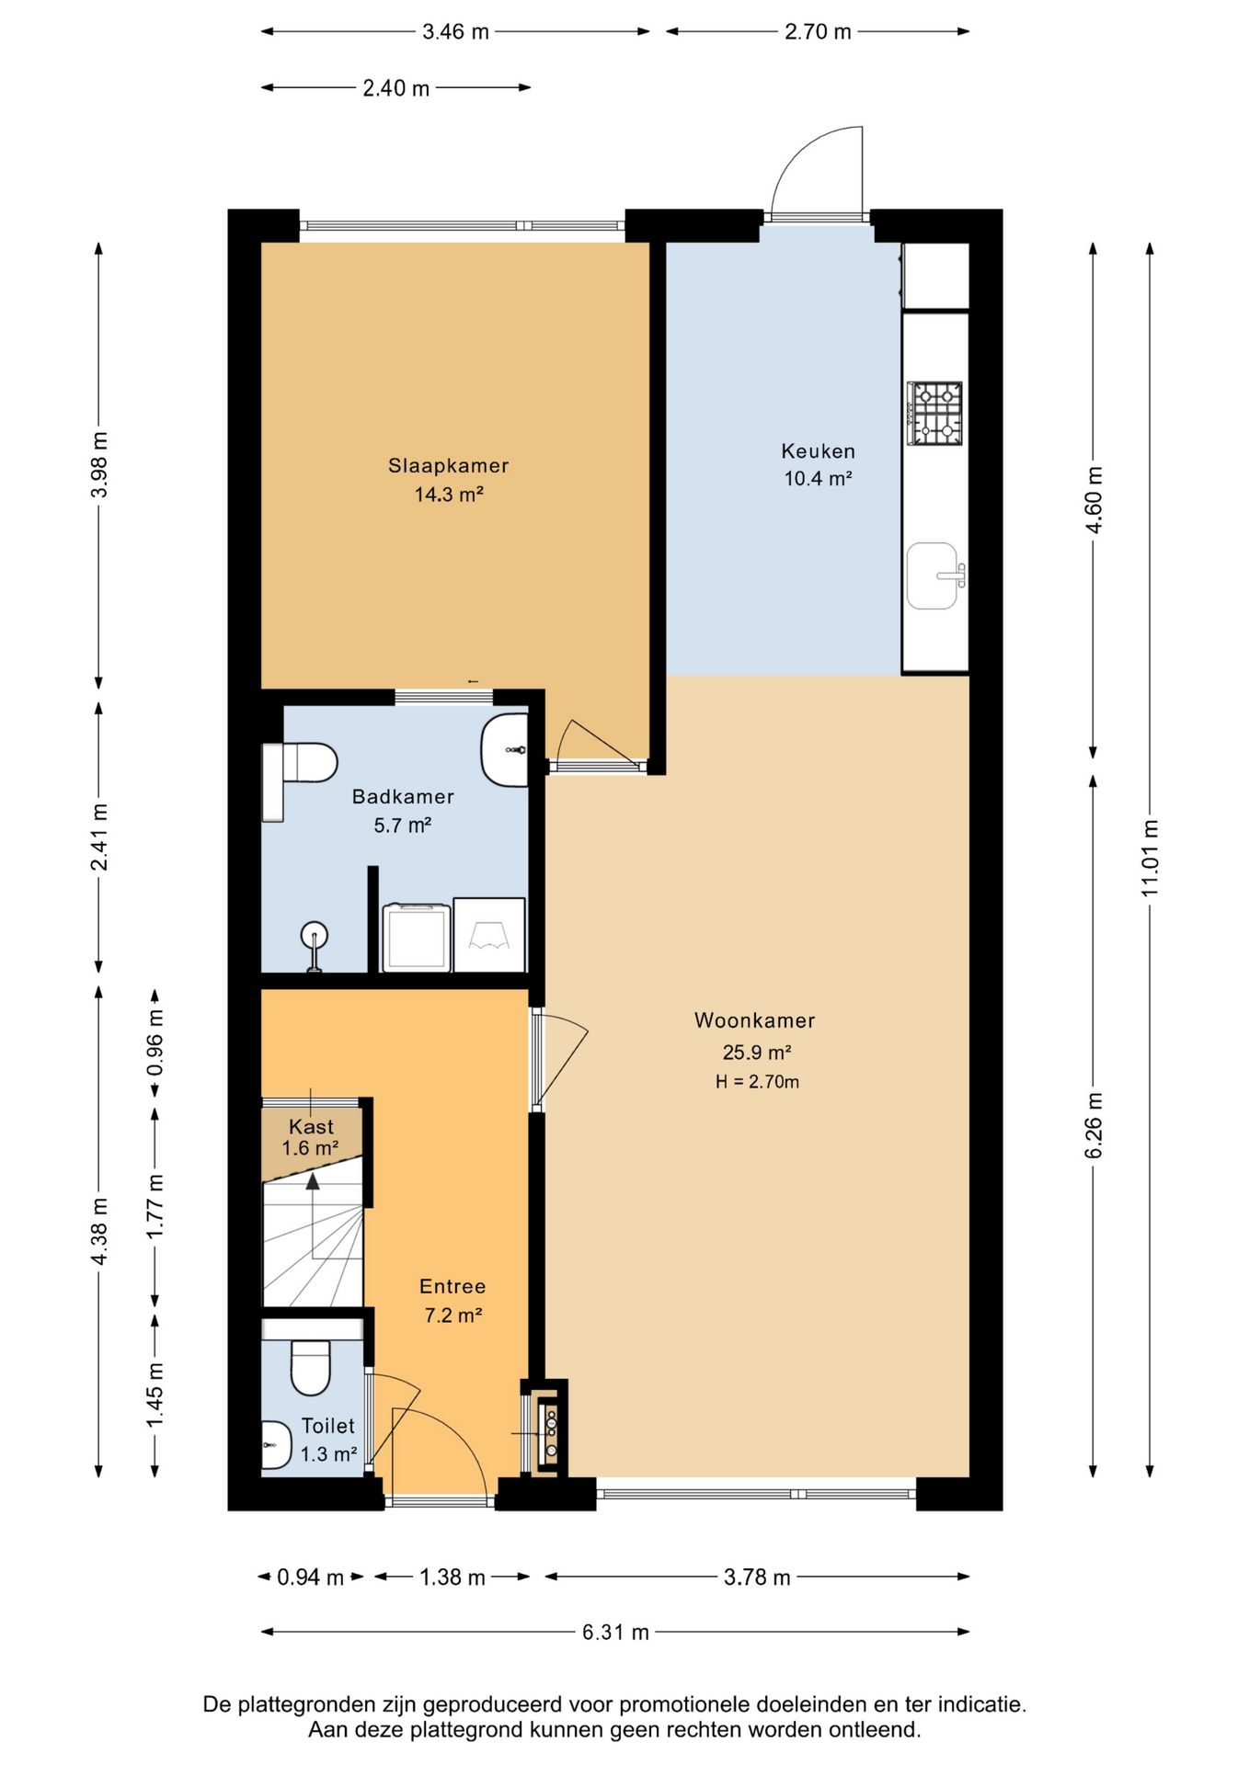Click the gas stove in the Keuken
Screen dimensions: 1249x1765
[934, 413]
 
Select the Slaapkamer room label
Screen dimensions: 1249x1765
[448, 466]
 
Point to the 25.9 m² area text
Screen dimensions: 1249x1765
[757, 1053]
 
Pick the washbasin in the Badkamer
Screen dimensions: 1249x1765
[505, 750]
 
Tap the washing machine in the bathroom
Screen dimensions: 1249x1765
[417, 937]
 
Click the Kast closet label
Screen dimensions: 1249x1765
[311, 1126]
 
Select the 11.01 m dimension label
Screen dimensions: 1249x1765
[1150, 858]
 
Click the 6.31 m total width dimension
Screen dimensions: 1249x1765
[615, 1632]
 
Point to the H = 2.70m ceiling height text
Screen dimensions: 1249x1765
[757, 1082]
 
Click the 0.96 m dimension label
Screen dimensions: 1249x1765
[155, 1042]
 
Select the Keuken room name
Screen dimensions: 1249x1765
[818, 451]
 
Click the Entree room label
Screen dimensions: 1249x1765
[453, 1287]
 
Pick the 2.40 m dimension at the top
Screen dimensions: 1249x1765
[395, 88]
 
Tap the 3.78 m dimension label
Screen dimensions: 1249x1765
[757, 1577]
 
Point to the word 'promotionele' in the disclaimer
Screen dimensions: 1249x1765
[679, 1704]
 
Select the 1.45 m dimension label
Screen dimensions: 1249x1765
[155, 1395]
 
